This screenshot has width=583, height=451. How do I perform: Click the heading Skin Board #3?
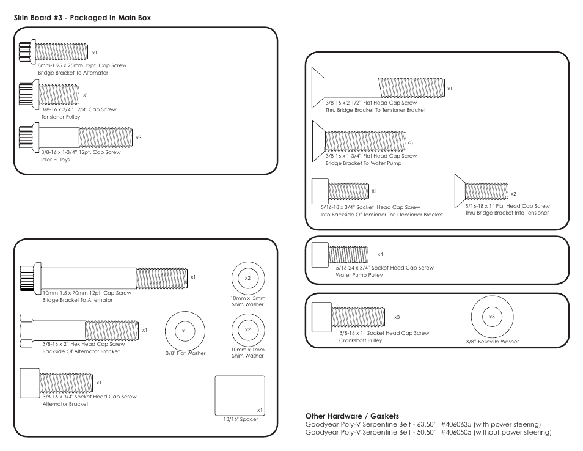(x=82, y=18)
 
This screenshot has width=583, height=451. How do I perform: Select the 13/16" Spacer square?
(x=240, y=395)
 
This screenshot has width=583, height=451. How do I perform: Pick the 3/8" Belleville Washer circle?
(x=491, y=317)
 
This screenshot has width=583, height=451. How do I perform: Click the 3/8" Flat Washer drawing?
(x=185, y=331)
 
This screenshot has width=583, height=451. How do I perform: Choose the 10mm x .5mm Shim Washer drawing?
(x=248, y=279)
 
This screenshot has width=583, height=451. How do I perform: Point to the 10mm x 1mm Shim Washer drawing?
(x=248, y=330)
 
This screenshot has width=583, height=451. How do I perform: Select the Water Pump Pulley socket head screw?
(x=340, y=254)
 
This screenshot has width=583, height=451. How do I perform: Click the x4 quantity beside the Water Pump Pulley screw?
(x=380, y=254)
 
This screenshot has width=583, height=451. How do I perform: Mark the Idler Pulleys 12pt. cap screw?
(x=76, y=136)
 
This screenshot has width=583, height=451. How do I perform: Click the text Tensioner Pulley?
(x=61, y=117)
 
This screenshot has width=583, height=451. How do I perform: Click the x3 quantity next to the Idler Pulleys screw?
(x=139, y=137)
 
